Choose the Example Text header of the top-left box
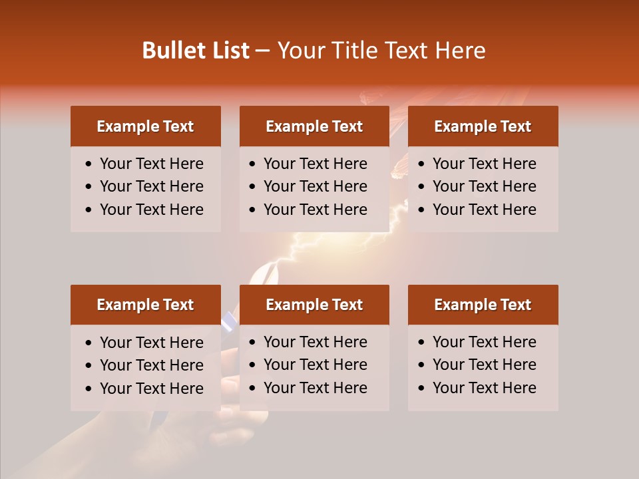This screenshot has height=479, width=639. click(x=145, y=126)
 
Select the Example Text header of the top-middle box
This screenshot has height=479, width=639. click(x=314, y=126)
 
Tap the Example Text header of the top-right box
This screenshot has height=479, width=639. click(x=483, y=126)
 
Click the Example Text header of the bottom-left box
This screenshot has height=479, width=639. click(x=145, y=305)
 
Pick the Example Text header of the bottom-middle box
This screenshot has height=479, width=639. click(x=314, y=305)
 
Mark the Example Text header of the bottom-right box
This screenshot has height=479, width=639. click(x=483, y=305)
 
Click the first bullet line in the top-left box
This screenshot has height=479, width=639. click(x=151, y=164)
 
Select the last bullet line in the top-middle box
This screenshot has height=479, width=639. click(x=315, y=210)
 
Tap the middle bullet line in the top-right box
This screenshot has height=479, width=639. click(x=484, y=186)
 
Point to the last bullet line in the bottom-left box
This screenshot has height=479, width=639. click(x=151, y=389)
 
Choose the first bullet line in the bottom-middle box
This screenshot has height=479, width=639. click(x=315, y=342)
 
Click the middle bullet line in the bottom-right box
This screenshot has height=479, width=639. click(x=484, y=365)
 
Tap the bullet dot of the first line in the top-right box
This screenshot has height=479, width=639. click(x=422, y=164)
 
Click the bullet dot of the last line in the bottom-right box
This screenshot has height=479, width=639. click(x=422, y=389)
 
